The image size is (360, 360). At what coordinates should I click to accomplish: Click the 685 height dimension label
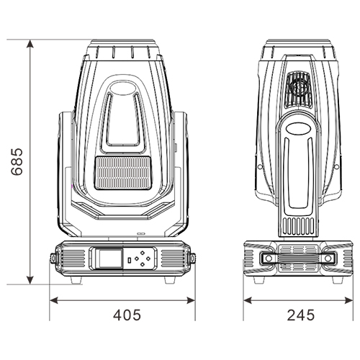coord(17,162)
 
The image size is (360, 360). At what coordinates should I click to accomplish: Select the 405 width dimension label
coord(127,315)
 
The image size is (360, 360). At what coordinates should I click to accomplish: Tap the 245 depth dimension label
coord(301,315)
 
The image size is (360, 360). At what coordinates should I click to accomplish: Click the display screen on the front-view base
coord(111,258)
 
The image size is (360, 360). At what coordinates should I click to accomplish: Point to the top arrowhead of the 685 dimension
coord(30,44)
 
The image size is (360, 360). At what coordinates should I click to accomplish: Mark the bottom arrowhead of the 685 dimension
coord(30,280)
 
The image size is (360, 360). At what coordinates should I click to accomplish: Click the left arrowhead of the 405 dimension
coord(54,300)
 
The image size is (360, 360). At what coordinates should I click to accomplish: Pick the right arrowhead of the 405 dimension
coord(191,300)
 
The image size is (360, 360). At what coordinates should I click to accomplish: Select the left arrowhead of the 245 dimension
coord(248,300)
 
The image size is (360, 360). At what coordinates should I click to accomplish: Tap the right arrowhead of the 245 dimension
coord(348,300)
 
